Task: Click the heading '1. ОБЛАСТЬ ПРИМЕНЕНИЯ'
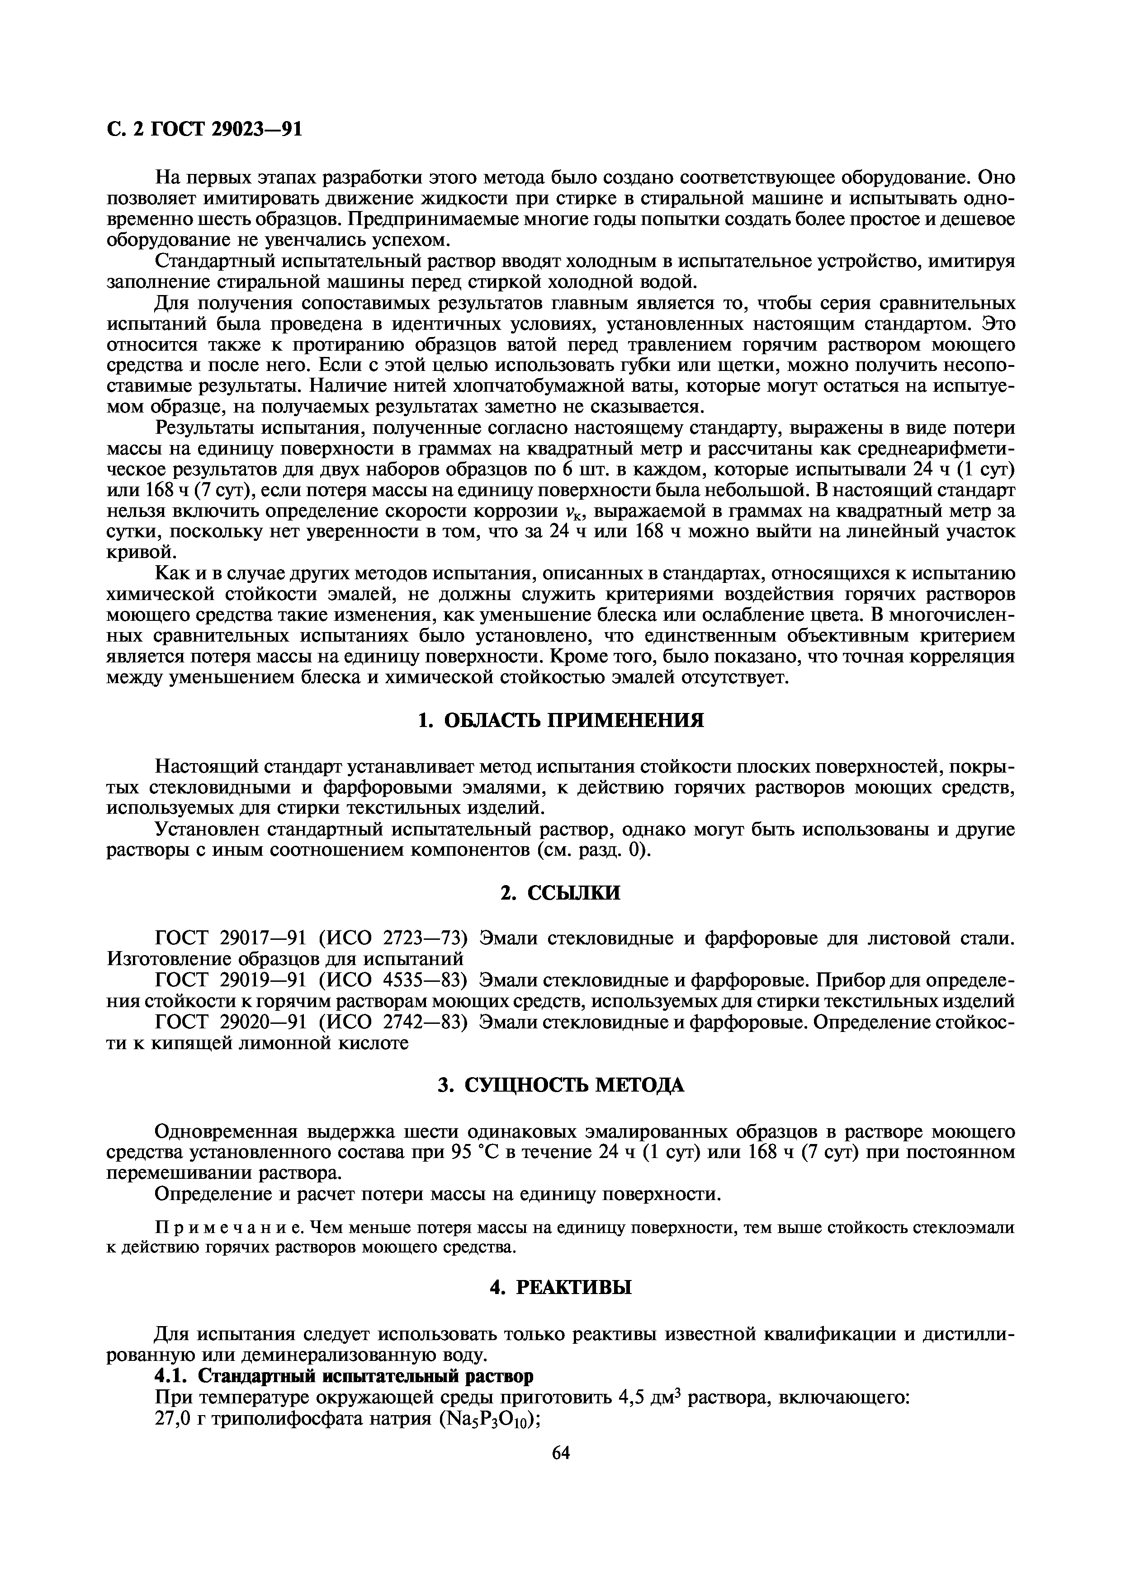561,721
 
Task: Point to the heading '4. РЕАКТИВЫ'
560,1287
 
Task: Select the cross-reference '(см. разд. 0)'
594,850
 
